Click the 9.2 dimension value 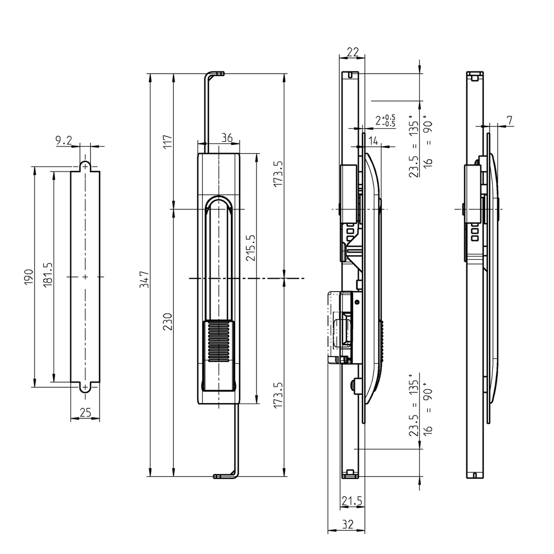[63, 141]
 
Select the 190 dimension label [29, 276]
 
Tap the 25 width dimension [85, 413]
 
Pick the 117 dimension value [167, 142]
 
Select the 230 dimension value [167, 322]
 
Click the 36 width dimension [227, 138]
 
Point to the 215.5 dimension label [250, 248]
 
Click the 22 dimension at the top [352, 52]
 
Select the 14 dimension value [373, 141]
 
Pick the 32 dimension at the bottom [347, 524]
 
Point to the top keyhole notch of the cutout [85, 165]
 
